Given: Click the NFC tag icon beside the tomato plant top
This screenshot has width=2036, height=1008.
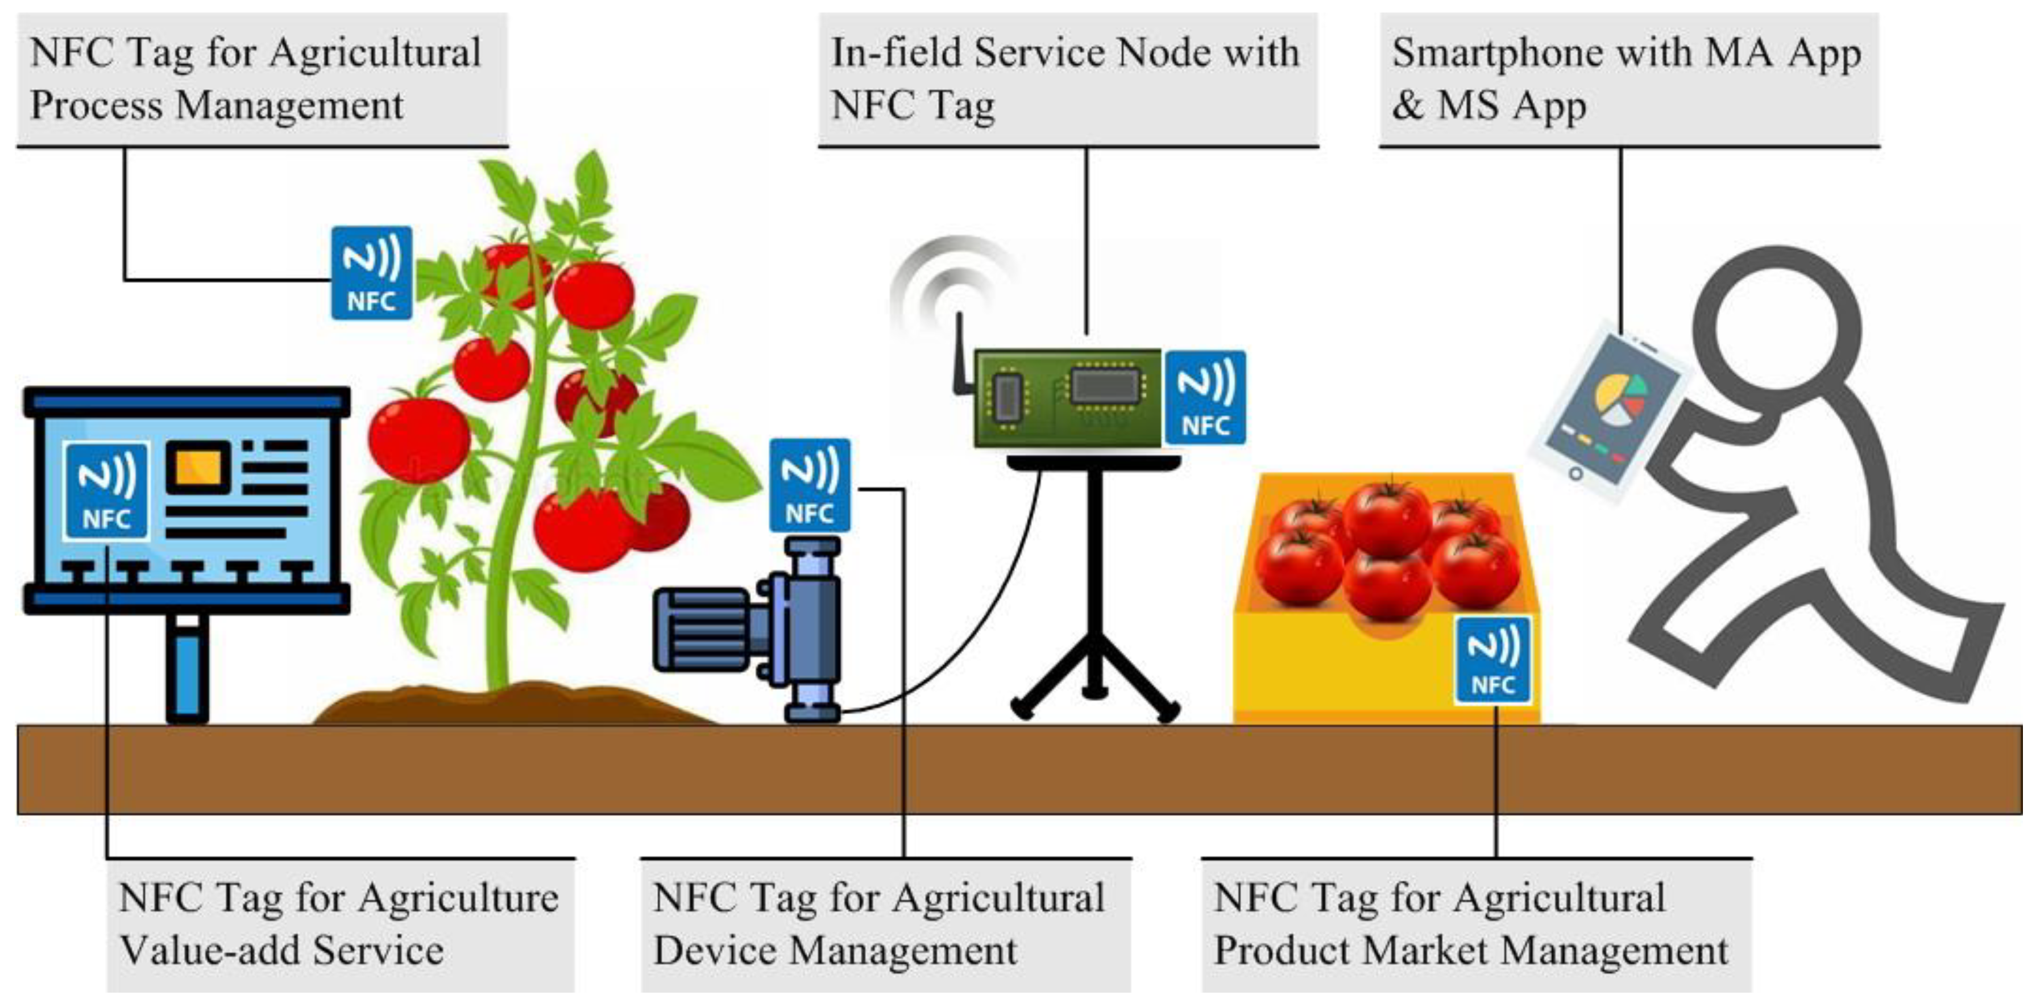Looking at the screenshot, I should [x=371, y=273].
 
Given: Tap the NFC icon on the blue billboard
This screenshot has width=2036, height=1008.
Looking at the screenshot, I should [x=106, y=490].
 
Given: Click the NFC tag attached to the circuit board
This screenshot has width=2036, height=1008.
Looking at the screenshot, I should [x=1205, y=397].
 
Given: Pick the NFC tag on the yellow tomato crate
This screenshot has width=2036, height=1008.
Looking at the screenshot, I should [x=1492, y=660].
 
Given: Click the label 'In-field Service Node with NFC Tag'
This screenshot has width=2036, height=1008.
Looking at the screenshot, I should [x=1067, y=79].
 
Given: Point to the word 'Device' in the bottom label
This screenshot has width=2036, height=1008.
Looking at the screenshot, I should [x=715, y=949].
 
